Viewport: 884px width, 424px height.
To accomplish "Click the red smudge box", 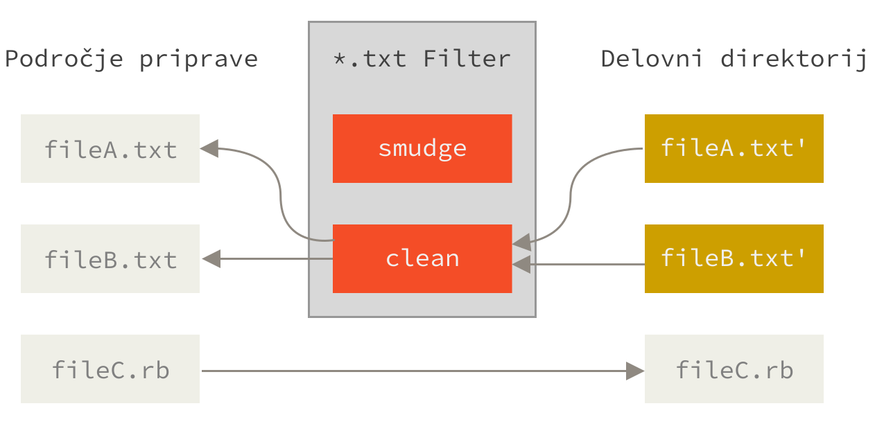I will coord(422,148).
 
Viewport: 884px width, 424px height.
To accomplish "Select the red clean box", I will coord(422,258).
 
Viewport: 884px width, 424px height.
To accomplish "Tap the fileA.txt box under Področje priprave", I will coord(110,149).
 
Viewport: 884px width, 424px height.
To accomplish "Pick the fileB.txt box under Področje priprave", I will coord(110,259).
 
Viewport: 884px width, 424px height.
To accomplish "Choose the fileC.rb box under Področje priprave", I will coord(110,369).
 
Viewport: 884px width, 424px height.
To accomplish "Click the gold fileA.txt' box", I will coord(734,148).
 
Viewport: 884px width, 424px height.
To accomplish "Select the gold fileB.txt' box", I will coord(734,258).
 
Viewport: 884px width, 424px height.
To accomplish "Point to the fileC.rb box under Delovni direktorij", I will coord(734,369).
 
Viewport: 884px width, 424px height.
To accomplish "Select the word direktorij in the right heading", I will coord(794,59).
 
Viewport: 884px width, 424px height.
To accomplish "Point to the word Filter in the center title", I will coord(467,59).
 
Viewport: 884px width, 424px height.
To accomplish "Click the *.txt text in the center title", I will coord(370,59).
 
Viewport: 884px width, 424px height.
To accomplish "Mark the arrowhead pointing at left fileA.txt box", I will coord(209,148).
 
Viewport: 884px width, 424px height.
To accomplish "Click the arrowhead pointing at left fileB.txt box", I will coord(211,259).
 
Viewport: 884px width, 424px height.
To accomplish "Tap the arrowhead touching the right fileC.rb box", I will coord(635,371).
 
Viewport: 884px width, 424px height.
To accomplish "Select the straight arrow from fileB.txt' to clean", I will coord(589,264).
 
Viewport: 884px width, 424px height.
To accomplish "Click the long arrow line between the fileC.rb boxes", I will coord(416,371).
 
